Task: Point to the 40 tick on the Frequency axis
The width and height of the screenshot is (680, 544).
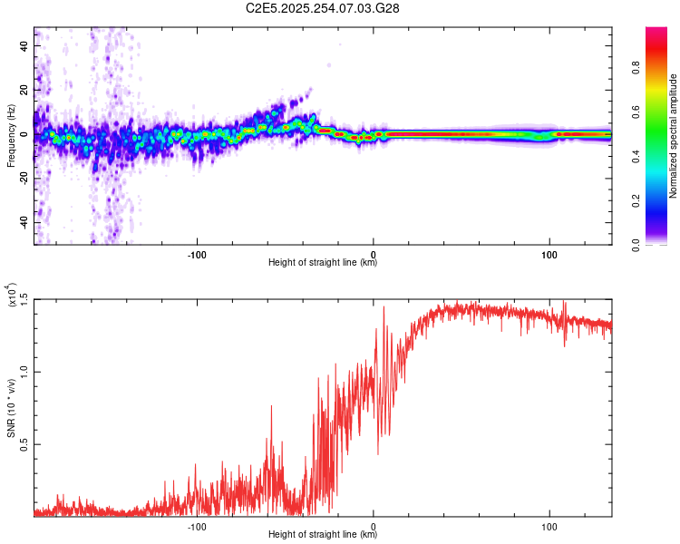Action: pos(25,46)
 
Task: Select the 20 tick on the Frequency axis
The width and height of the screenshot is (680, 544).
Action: pos(25,91)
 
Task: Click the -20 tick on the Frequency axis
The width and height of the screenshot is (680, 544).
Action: pos(25,179)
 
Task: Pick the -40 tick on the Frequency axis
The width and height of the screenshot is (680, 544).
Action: pos(25,223)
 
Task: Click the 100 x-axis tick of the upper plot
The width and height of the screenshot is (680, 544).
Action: pos(549,255)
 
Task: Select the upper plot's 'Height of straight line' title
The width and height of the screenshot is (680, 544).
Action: pos(323,263)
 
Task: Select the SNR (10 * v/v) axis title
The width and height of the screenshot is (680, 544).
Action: pos(11,408)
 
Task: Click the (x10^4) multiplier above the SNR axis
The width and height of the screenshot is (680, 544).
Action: pos(11,295)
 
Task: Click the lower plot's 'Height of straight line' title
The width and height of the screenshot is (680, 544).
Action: pos(323,534)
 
